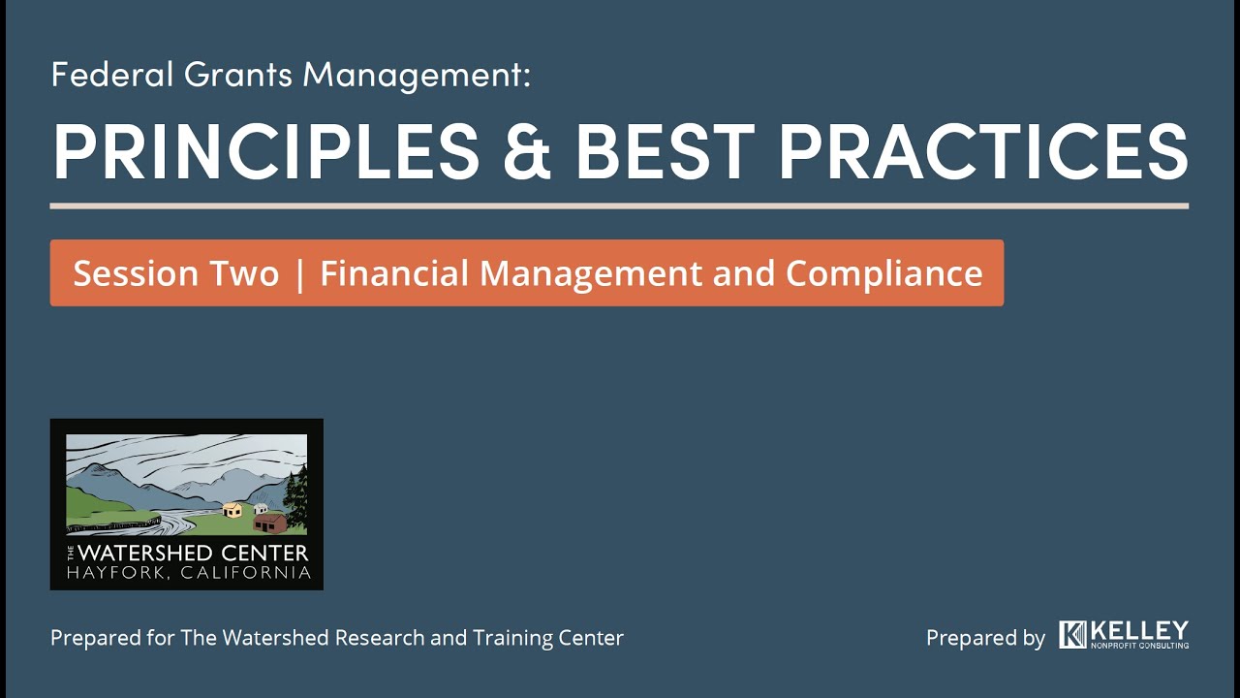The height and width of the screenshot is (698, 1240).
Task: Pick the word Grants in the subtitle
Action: click(x=229, y=75)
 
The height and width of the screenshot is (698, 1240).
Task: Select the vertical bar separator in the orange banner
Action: click(x=299, y=274)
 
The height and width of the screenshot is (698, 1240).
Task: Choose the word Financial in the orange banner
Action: click(x=395, y=273)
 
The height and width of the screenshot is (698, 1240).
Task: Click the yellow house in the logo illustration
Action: click(x=232, y=510)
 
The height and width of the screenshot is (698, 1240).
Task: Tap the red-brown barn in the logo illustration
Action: click(x=270, y=523)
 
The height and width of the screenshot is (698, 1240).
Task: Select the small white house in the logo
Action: click(x=260, y=509)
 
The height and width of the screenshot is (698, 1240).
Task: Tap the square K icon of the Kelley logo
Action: click(x=1072, y=635)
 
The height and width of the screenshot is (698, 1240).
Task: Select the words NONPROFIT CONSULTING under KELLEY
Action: click(x=1139, y=645)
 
